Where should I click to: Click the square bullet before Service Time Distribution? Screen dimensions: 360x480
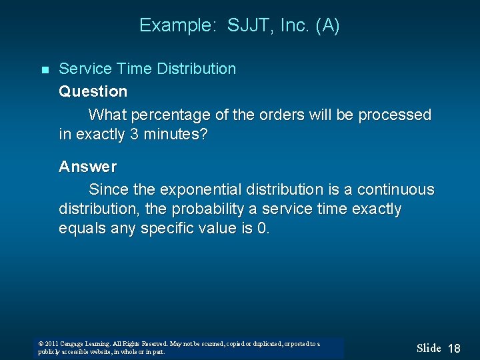(45, 70)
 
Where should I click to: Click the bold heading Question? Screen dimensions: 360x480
(93, 91)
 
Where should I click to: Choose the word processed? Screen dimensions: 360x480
(395, 115)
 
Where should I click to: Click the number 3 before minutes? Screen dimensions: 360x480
(135, 134)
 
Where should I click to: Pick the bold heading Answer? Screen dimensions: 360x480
(87, 166)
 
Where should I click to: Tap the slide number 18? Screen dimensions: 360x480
(454, 349)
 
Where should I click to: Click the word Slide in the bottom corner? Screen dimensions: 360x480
(429, 348)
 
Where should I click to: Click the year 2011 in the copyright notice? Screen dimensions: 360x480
(51, 344)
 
